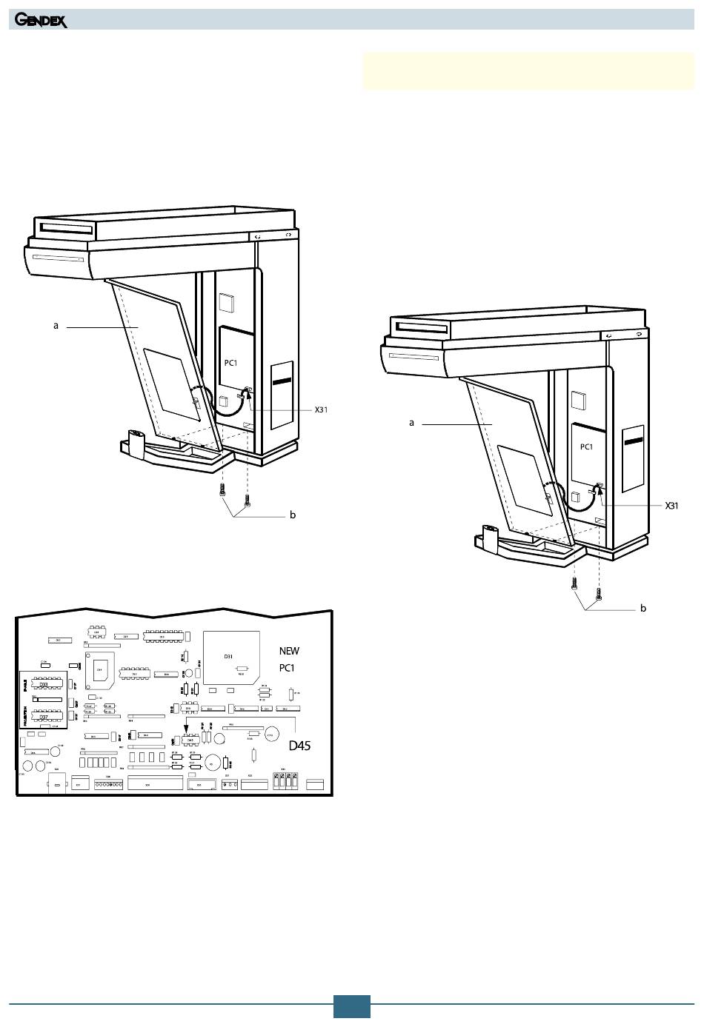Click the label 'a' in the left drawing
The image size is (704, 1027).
click(56, 325)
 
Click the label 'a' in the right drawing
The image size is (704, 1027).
click(411, 423)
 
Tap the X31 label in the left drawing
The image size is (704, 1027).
click(321, 409)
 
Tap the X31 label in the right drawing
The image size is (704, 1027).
click(671, 506)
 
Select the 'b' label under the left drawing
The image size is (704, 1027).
click(293, 515)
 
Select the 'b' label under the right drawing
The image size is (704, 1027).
click(643, 608)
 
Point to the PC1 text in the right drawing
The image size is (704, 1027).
click(586, 447)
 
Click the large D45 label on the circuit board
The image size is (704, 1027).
click(299, 745)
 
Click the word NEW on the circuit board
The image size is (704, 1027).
click(289, 651)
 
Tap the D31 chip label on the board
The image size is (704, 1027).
click(228, 657)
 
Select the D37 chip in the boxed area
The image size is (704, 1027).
click(44, 717)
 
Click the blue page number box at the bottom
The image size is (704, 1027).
click(351, 1006)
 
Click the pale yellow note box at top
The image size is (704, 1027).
click(528, 71)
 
